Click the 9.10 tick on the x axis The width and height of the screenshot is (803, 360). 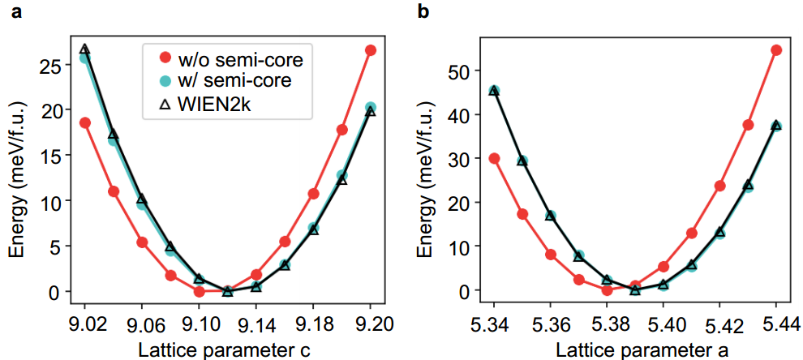pyautogui.click(x=199, y=324)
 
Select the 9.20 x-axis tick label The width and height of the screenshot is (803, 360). pyautogui.click(x=371, y=324)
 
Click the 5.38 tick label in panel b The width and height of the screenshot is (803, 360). pyautogui.click(x=607, y=324)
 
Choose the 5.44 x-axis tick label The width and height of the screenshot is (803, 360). pyautogui.click(x=776, y=324)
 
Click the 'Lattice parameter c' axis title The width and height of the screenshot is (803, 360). pyautogui.click(x=228, y=348)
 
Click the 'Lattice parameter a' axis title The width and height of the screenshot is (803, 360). pyautogui.click(x=635, y=348)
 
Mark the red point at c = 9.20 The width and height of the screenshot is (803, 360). pyautogui.click(x=371, y=50)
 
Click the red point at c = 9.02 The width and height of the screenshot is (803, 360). pyautogui.click(x=85, y=122)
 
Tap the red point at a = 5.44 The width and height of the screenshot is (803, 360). pyautogui.click(x=776, y=50)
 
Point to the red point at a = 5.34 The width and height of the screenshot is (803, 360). pyautogui.click(x=494, y=158)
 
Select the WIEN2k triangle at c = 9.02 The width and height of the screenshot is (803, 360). pyautogui.click(x=85, y=50)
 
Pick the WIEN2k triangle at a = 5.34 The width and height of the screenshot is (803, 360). pyautogui.click(x=494, y=91)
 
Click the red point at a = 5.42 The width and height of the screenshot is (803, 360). pyautogui.click(x=719, y=186)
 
